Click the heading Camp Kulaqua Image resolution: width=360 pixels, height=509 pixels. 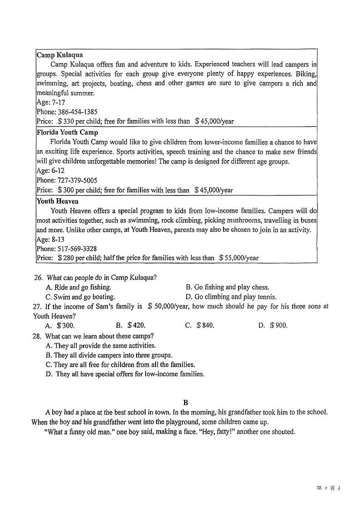point(59,55)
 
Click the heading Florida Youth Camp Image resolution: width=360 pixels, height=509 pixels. point(67,132)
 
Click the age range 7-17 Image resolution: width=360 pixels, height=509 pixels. point(58,103)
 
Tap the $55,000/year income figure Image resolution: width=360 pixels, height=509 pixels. point(238,258)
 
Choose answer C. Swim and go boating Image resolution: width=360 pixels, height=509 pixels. point(80,297)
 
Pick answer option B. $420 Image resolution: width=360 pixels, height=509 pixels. point(131,326)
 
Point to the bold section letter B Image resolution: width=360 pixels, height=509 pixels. point(185,402)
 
